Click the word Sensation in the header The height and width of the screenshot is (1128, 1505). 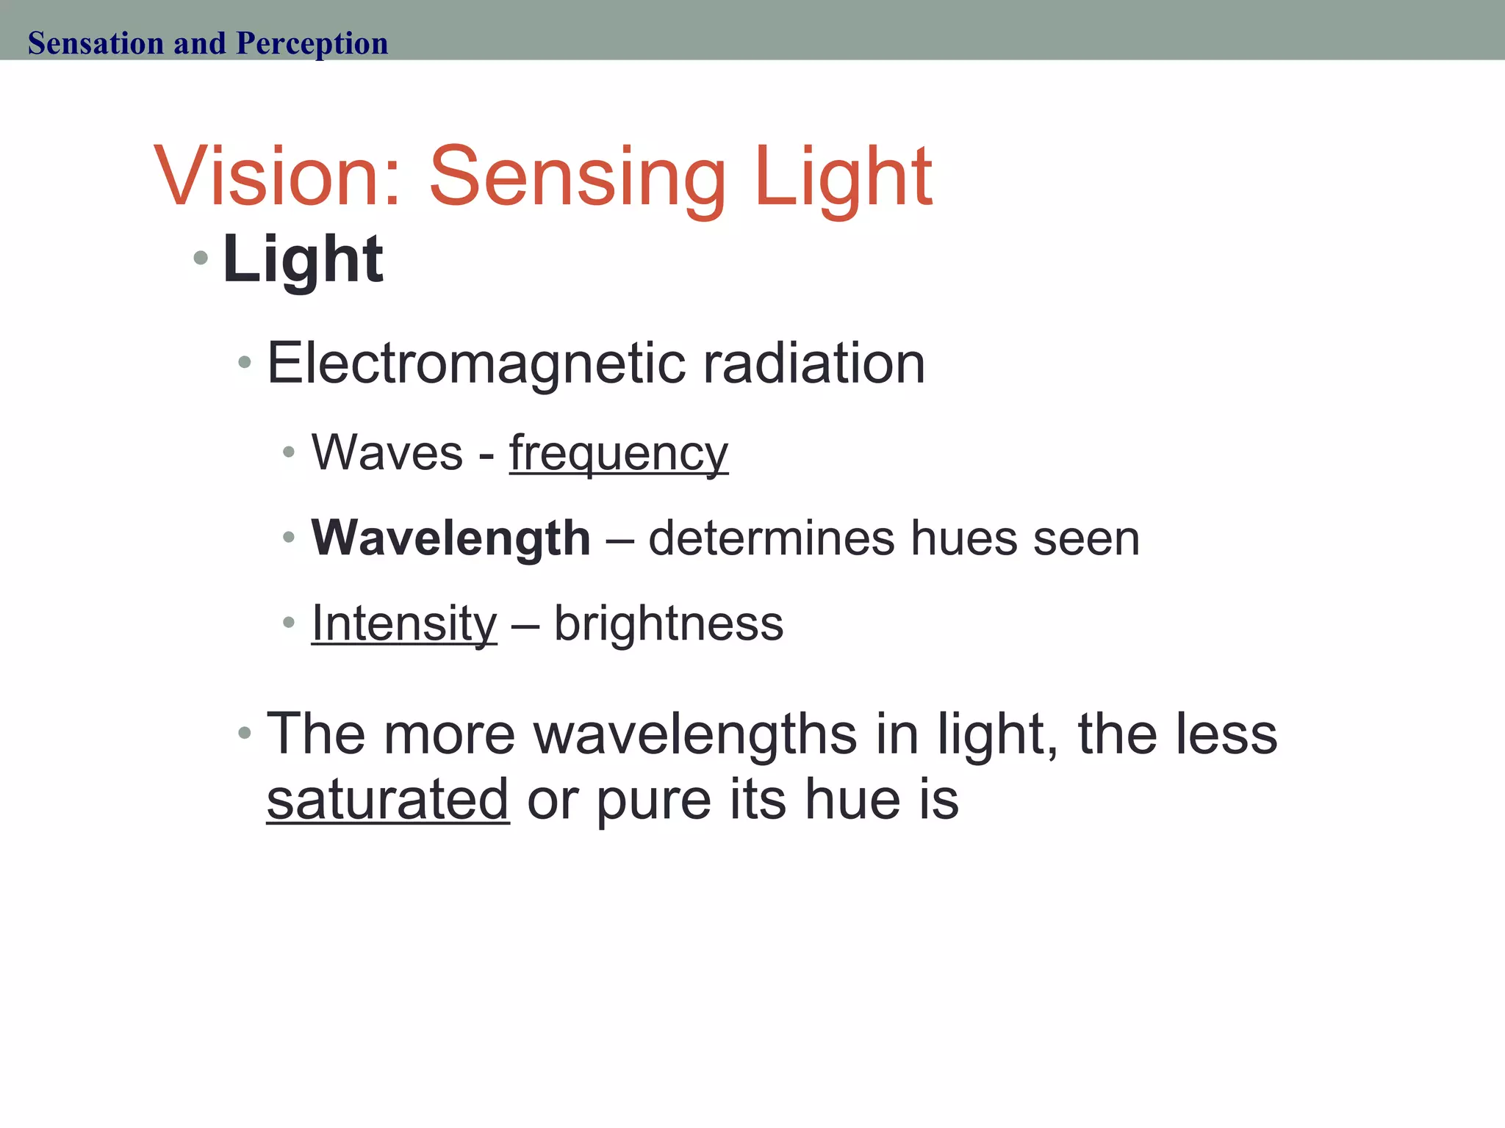click(x=96, y=43)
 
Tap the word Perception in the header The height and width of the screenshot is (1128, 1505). click(x=312, y=43)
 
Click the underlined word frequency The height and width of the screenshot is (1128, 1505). click(x=619, y=453)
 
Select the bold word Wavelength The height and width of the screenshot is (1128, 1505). click(x=450, y=538)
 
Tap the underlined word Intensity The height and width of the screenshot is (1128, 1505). click(x=404, y=623)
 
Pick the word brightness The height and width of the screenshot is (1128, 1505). click(x=669, y=623)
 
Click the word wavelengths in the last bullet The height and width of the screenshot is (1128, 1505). click(x=695, y=734)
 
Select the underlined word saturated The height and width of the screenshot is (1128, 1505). click(x=388, y=799)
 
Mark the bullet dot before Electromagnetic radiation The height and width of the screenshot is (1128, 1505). click(x=245, y=362)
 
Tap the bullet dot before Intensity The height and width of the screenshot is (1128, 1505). click(x=289, y=623)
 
